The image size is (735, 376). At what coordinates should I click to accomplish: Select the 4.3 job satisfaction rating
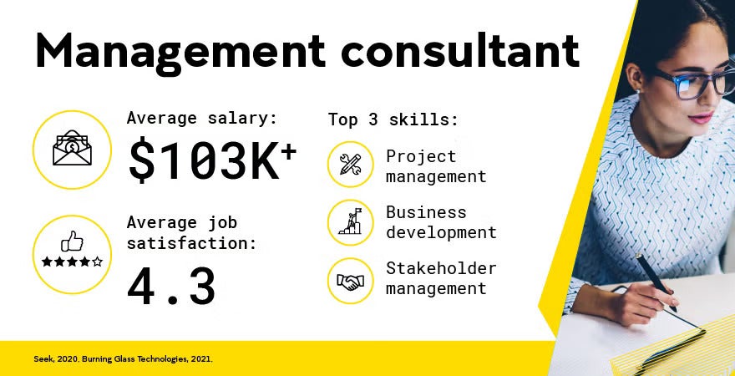171,287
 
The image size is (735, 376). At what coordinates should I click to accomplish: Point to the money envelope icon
72,150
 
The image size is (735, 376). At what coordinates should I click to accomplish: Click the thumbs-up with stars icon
72,252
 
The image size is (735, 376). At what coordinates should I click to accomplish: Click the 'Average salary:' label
201,119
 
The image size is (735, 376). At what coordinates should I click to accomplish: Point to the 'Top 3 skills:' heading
393,119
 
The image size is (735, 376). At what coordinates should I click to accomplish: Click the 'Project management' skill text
435,166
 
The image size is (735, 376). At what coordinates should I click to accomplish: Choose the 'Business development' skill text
440,222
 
